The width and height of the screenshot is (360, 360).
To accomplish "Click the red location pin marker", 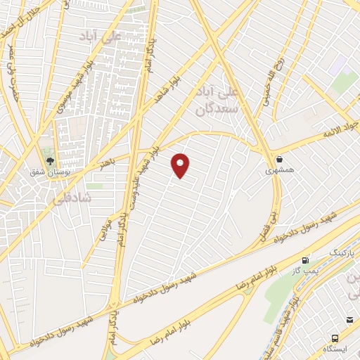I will pos(181,165).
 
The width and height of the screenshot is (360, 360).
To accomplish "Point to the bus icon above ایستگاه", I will pos(350,321).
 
